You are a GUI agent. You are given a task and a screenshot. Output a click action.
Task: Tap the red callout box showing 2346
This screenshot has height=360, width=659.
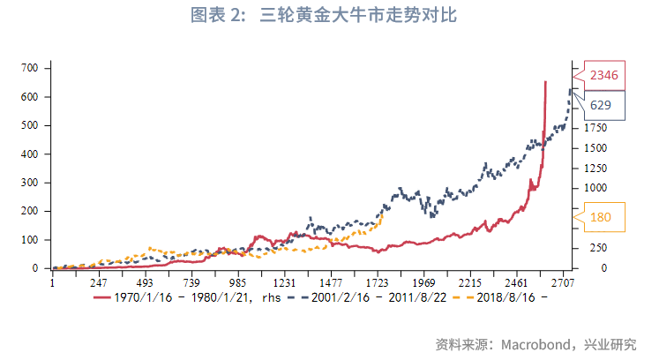(603, 75)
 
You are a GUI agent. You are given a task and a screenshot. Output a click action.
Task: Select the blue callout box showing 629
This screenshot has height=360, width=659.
(601, 105)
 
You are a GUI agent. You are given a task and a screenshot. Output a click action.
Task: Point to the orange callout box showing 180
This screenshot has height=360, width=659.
(601, 217)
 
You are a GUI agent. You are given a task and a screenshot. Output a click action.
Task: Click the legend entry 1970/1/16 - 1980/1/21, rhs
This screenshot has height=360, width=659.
(183, 297)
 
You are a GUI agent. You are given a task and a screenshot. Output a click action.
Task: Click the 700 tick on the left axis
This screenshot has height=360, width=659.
(28, 68)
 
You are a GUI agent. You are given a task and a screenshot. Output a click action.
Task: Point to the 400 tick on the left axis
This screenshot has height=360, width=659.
(28, 154)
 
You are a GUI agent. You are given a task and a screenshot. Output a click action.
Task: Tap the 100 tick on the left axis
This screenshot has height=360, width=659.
(28, 240)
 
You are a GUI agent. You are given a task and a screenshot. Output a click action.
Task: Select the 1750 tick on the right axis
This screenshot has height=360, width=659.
(593, 129)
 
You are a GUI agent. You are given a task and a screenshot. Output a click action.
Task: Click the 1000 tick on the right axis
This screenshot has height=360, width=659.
(593, 188)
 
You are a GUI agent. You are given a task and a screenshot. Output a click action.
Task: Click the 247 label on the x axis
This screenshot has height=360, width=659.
(99, 283)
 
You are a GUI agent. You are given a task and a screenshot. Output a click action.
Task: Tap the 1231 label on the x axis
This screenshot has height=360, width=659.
(283, 283)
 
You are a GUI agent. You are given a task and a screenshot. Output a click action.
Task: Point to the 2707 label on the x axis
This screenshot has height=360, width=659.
(563, 283)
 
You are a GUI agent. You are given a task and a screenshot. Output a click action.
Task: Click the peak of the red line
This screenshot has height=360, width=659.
(545, 82)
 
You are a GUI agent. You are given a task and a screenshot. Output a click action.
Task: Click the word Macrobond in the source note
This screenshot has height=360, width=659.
(538, 344)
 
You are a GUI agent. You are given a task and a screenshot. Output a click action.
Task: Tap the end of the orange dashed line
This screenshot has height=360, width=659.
(382, 214)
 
